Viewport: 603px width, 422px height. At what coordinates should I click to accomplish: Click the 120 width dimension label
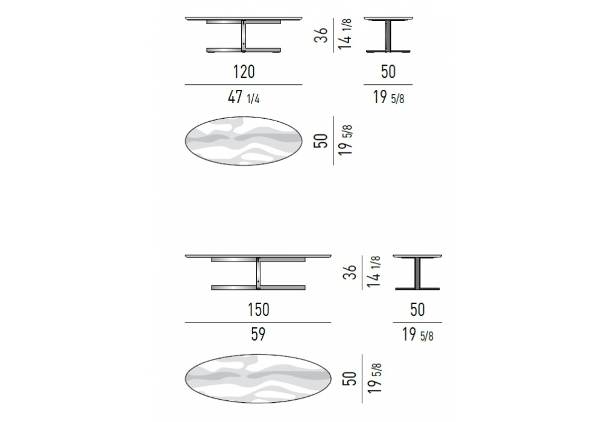(244, 72)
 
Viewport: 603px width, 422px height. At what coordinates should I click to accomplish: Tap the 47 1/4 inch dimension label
(244, 97)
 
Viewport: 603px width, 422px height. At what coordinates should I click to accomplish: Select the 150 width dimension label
(259, 309)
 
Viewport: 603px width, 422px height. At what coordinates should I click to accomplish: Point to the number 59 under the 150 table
(258, 334)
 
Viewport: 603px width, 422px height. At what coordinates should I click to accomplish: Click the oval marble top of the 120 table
(244, 141)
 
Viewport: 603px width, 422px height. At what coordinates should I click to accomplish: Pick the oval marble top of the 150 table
(258, 379)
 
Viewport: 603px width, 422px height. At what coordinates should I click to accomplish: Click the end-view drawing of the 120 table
(388, 34)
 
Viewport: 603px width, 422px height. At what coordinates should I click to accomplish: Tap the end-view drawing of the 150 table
(417, 272)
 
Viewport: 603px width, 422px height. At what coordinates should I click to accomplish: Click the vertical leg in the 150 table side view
(258, 273)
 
